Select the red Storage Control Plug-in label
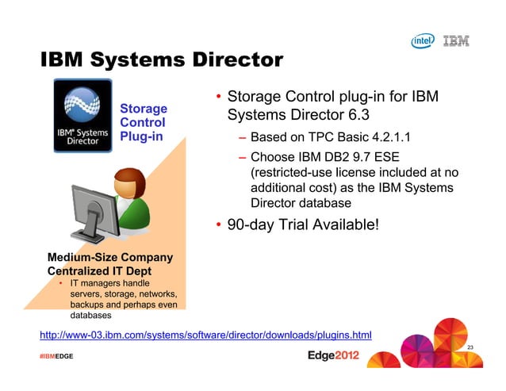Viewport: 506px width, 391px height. (x=143, y=122)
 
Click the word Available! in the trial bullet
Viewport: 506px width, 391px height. (x=341, y=226)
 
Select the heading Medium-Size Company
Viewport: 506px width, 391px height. (x=110, y=258)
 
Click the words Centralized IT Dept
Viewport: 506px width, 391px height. (x=102, y=270)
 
